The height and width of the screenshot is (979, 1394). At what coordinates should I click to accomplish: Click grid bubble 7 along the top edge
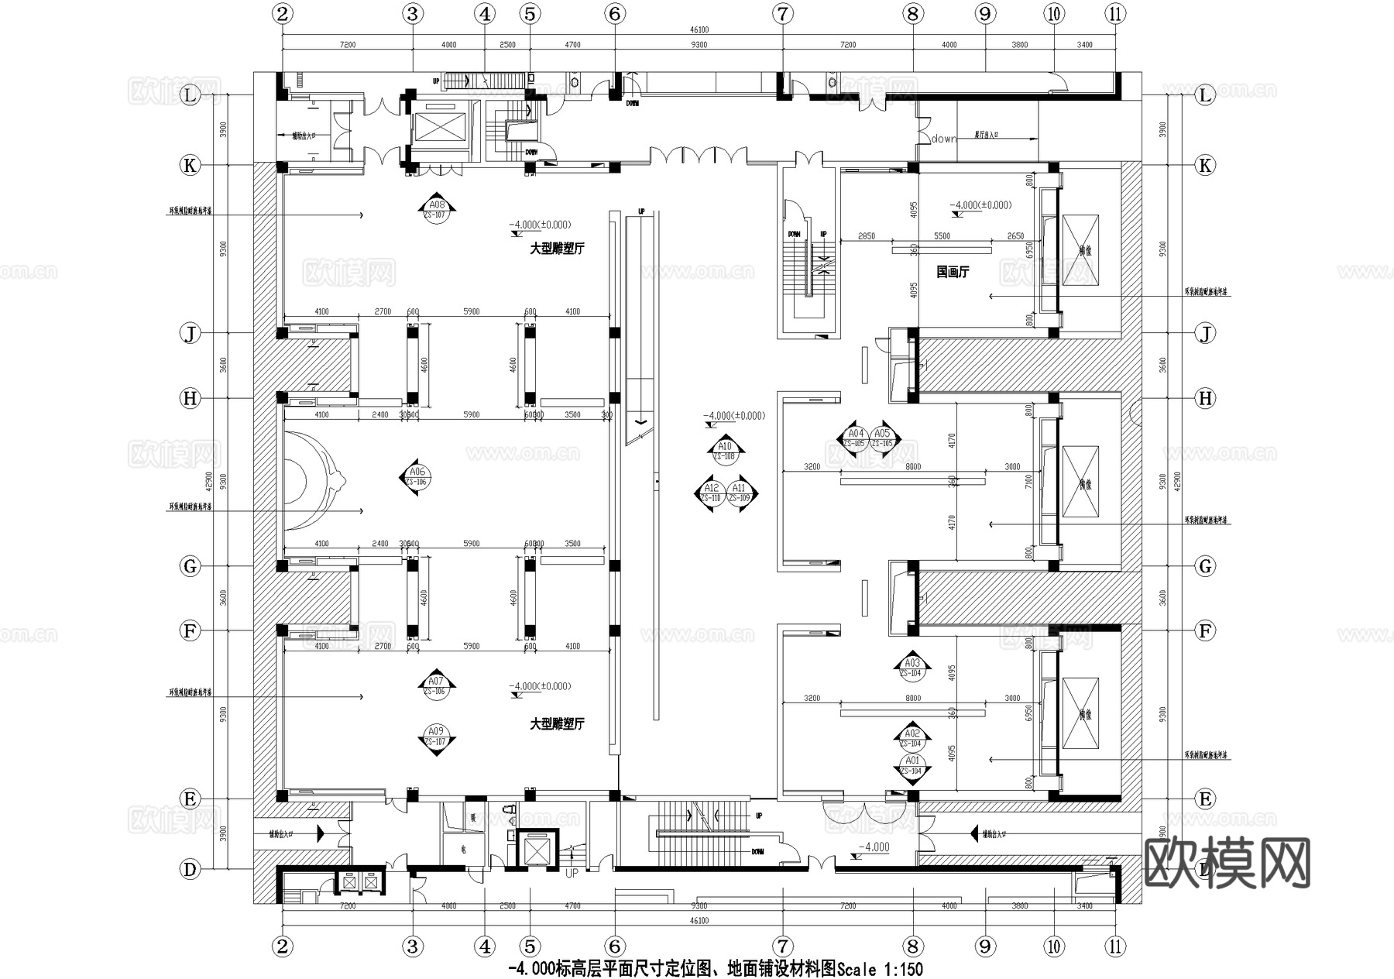tap(783, 13)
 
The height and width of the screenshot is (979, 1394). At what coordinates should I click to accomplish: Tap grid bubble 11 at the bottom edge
tap(1114, 946)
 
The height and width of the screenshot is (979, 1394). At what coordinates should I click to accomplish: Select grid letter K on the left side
tap(190, 165)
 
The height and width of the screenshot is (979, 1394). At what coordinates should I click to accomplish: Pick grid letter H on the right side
tap(1205, 398)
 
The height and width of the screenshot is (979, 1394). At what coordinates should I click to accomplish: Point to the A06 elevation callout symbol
tap(417, 476)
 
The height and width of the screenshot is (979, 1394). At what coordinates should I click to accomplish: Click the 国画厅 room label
tap(952, 272)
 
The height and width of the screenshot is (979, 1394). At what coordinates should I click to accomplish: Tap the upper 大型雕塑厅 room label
tap(556, 249)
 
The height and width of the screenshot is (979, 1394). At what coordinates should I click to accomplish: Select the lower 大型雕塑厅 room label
tap(556, 724)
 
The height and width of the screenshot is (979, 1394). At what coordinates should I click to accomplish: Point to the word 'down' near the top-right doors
tap(944, 139)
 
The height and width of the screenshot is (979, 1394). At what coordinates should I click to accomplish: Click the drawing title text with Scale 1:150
tap(714, 968)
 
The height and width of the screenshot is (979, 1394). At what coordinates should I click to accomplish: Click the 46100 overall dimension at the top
tap(699, 30)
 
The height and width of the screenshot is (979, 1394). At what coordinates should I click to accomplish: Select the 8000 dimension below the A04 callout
tap(913, 466)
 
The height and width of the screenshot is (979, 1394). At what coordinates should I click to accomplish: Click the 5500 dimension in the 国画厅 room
tap(942, 236)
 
